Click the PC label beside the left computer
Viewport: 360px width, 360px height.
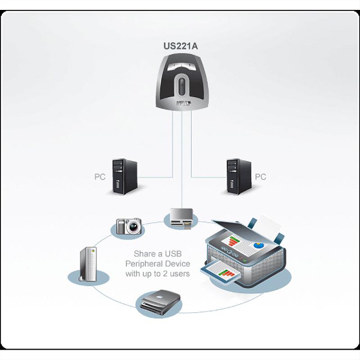(100, 177)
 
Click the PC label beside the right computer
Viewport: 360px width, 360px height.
(261, 177)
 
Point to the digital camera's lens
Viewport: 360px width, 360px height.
(133, 226)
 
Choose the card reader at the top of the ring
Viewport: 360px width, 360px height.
(181, 218)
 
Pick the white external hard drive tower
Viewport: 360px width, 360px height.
(88, 267)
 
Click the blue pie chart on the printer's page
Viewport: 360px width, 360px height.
(258, 246)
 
